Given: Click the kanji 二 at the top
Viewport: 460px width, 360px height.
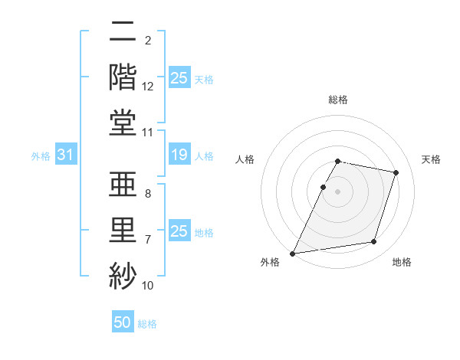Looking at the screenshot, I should coord(123,32).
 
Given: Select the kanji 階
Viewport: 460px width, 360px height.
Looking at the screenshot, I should coord(123,77).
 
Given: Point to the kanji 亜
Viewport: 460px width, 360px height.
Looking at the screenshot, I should coord(123,184).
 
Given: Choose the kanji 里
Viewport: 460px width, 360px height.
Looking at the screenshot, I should coord(123,228).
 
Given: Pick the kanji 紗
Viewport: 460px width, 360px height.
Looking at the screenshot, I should coord(123,273).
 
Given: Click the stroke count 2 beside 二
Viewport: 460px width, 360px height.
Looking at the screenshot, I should coord(147,40).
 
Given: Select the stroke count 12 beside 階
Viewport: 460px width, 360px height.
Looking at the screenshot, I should coord(148,86).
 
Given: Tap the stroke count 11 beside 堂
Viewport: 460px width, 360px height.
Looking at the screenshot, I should coord(148,132).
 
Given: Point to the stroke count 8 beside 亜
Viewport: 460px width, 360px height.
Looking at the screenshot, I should coord(147,194).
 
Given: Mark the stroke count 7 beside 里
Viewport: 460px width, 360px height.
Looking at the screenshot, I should coord(147,240).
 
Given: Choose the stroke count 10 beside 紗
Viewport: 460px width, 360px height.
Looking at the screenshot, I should coord(148,285).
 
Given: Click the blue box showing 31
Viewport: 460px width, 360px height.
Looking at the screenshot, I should coord(65,155).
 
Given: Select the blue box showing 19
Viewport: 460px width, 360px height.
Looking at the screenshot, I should coord(179,155).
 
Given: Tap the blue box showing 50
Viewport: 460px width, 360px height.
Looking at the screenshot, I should coord(123,322).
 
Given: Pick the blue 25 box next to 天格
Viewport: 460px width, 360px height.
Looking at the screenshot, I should coord(179,78).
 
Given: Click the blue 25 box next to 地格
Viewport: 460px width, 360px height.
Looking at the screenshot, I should coord(179,231).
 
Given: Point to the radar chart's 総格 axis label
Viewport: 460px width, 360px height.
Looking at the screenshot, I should coord(338,100).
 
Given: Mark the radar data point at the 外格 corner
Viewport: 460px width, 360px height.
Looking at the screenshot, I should coord(292,254).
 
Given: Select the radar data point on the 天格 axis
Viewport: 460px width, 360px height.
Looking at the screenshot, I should coord(396,172).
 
